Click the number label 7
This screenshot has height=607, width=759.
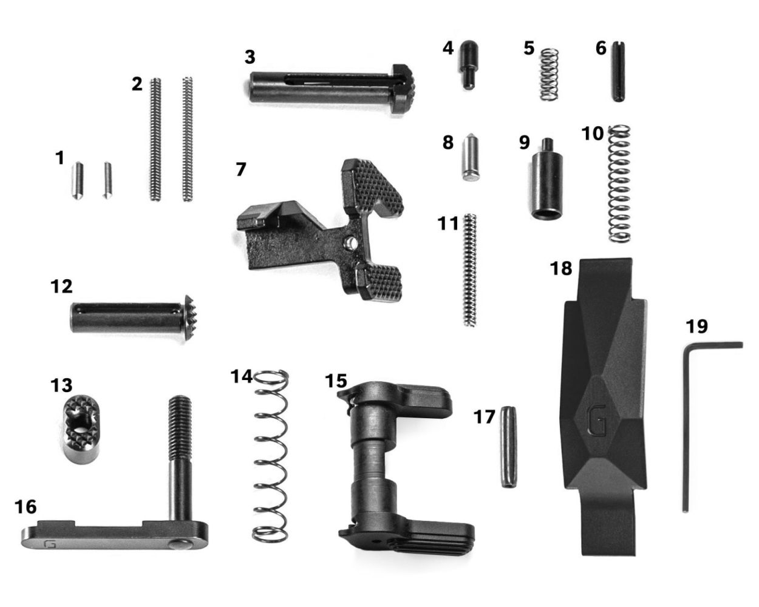click(x=241, y=169)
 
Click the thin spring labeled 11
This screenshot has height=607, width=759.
click(x=469, y=270)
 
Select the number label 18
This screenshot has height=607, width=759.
click(x=562, y=268)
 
